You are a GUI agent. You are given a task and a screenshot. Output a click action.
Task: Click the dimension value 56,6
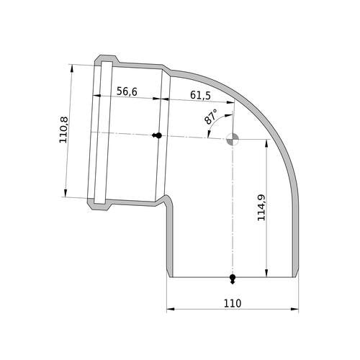127,91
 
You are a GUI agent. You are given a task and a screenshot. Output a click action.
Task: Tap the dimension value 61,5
200,95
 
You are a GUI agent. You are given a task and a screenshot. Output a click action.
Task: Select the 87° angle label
210,117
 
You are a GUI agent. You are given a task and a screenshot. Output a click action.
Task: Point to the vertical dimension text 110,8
64,130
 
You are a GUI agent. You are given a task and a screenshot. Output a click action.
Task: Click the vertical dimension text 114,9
261,207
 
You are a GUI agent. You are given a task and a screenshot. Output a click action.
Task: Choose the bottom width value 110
233,303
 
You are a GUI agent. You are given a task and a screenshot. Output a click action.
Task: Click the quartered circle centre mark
233,139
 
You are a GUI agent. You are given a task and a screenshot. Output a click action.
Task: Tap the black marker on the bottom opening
233,279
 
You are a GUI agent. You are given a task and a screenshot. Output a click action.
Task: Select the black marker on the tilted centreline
157,135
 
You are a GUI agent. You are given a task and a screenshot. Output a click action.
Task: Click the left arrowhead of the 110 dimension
171,309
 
